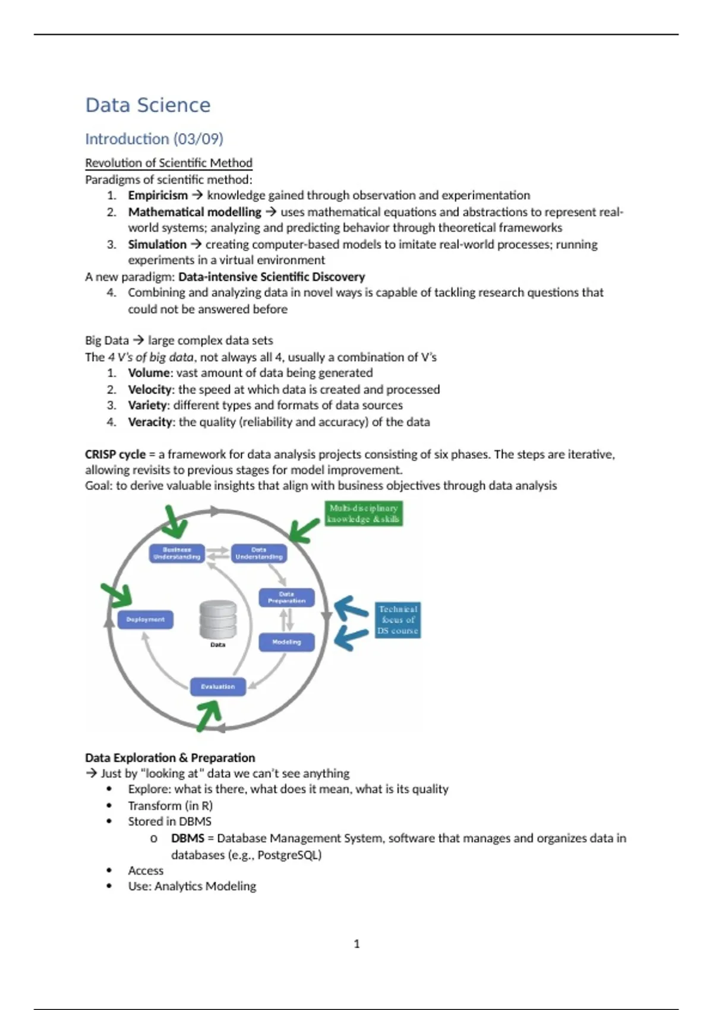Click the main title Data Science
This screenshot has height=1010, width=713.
tap(148, 105)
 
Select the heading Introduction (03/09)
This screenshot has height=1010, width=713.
tap(154, 139)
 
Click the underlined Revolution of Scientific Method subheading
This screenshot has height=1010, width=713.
tap(168, 163)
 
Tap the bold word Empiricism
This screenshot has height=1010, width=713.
tap(157, 195)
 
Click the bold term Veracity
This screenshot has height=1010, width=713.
tap(150, 422)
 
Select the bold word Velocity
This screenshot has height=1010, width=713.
tap(150, 389)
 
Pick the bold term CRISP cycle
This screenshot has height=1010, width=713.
tap(115, 454)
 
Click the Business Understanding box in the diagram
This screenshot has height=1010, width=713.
tap(176, 553)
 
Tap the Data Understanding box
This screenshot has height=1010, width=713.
tap(258, 553)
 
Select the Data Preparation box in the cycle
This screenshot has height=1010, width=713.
tap(286, 597)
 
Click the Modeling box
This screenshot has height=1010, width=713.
tap(286, 642)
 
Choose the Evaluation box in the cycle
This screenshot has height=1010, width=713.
tap(217, 687)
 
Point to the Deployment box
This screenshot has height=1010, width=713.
tap(145, 620)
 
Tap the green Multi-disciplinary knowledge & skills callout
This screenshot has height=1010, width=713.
tap(364, 513)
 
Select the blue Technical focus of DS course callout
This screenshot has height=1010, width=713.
tap(397, 620)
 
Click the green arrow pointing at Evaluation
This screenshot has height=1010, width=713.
tap(209, 714)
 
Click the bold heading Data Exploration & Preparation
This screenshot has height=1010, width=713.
tap(170, 757)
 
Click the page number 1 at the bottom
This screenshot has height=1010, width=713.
tap(356, 943)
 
